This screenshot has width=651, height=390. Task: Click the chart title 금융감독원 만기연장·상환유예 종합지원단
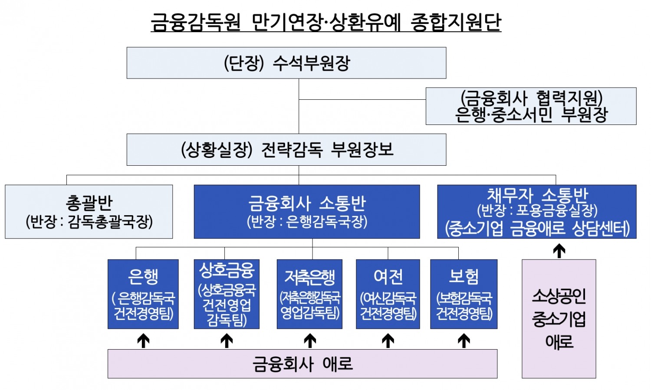325,22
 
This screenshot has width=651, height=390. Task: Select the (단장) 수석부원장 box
286,63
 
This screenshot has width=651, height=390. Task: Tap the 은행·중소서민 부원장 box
531,106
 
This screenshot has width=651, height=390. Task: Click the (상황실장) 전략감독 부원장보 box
286,150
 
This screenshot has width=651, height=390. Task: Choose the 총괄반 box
89,212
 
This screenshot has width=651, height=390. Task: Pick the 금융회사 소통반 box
307,212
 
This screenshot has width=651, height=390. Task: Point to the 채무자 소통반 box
537,212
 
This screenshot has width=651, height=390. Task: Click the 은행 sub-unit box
143,294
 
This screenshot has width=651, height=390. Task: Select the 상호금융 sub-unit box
227,294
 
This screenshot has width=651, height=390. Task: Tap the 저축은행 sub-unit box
309,294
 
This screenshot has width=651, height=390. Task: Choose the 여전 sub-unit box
388,294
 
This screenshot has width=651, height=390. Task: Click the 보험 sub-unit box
464,294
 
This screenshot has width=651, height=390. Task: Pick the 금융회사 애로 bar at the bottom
302,364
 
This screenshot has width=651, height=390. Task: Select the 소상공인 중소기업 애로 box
559,319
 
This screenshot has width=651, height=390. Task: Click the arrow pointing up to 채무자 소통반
559,251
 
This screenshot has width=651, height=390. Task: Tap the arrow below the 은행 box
143,341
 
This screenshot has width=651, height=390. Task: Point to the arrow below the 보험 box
464,341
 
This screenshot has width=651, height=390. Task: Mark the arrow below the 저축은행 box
310,341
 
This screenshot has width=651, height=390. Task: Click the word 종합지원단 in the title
456,22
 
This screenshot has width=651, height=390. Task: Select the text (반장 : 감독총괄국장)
89,222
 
